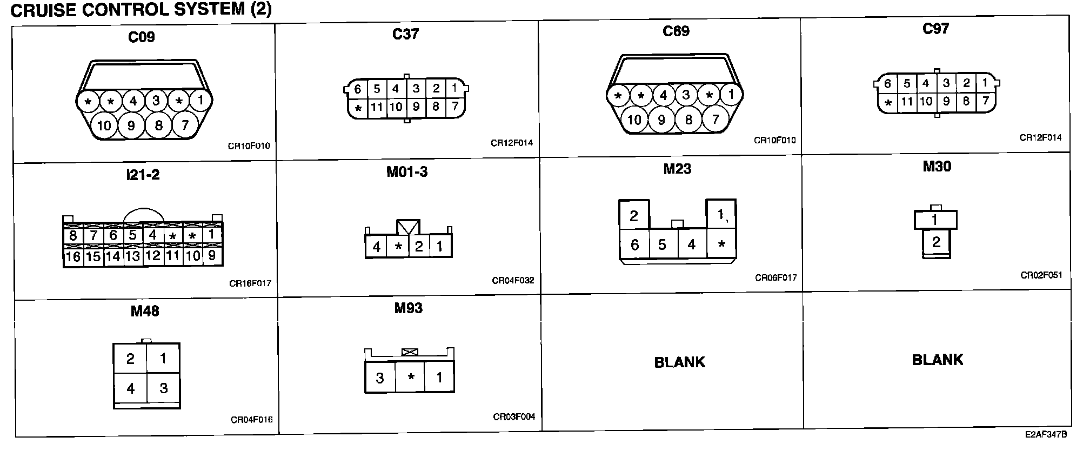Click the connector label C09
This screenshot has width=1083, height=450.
point(142,37)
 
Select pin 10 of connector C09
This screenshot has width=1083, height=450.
point(104,125)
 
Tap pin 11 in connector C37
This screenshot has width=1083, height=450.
point(376,107)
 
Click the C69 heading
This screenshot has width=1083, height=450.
point(676,31)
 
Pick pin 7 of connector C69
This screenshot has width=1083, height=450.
point(716,119)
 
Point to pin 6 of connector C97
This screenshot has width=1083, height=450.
point(887,83)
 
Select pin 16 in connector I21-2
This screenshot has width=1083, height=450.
point(73,256)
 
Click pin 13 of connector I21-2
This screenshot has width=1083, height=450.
point(133,256)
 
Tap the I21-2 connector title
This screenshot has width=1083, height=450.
point(143,175)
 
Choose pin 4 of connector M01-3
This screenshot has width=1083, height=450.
point(377,247)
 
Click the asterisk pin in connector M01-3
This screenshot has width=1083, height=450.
point(398,247)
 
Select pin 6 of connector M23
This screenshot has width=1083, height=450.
point(634,245)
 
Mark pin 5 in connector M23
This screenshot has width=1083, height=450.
point(662,245)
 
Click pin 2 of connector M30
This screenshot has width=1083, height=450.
point(936,242)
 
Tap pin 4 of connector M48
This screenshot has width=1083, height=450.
point(130,388)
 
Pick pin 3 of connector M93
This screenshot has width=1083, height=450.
point(379,378)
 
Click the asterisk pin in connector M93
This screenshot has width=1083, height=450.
point(411,378)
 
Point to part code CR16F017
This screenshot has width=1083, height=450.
point(250,283)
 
